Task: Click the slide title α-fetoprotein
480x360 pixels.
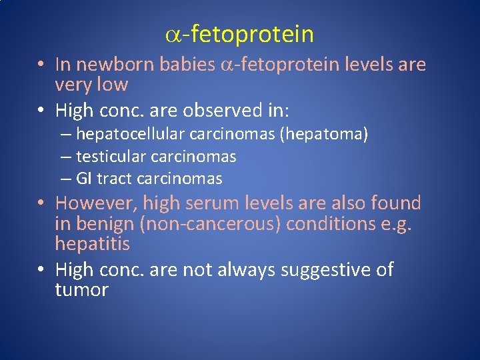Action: (239, 33)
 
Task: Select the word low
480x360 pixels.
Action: (111, 85)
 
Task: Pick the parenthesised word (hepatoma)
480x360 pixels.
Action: (324, 134)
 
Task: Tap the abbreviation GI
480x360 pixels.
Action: (85, 179)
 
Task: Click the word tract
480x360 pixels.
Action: (114, 179)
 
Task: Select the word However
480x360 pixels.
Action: (93, 203)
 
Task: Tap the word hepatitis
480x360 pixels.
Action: (93, 244)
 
